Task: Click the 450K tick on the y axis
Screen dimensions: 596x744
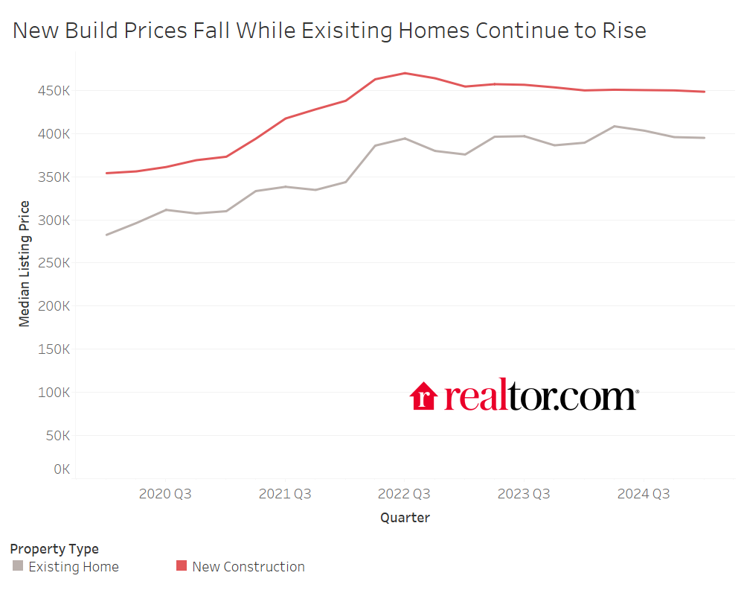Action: tap(54, 91)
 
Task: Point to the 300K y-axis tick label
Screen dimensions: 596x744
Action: tap(54, 221)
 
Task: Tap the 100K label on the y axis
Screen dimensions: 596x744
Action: tap(54, 393)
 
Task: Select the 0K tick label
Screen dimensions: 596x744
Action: tap(61, 469)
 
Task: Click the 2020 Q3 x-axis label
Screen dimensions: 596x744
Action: tap(165, 494)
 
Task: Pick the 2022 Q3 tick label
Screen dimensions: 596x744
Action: tap(404, 494)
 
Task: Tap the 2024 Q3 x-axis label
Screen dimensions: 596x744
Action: tap(644, 494)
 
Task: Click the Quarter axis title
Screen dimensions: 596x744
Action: tap(405, 517)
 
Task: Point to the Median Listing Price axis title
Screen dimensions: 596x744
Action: tap(25, 264)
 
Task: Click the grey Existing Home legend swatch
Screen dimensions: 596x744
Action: tap(18, 566)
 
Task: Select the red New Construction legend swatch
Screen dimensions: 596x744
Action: tap(182, 566)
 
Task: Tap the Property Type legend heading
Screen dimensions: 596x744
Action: tap(54, 549)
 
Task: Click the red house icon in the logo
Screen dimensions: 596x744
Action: tap(423, 396)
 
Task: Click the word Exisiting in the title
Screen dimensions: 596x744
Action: tap(336, 31)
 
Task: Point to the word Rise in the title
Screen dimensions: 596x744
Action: tap(623, 31)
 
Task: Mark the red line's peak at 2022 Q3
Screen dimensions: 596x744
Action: tap(404, 73)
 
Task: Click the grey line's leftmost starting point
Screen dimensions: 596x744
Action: tap(106, 235)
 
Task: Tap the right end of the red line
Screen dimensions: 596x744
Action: tap(705, 92)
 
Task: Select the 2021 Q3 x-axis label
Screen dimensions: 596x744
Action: tap(284, 494)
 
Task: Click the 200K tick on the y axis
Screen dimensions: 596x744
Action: tap(54, 306)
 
